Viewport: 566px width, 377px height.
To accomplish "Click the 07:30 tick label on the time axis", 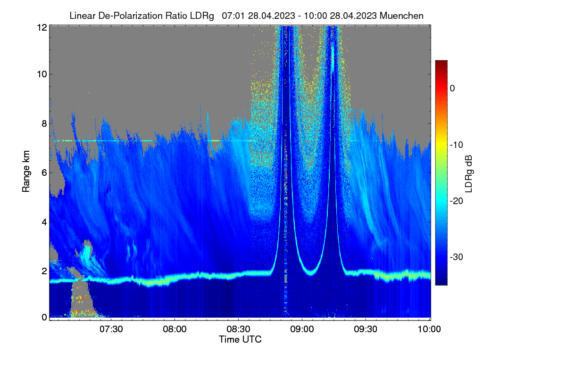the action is pos(111,329).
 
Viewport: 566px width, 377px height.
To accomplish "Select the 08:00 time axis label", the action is pos(175,329).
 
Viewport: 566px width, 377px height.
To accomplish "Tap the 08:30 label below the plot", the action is pos(238,329).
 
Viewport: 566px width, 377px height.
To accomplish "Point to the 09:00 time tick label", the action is pos(302,329).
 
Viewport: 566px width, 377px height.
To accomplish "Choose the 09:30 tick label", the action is pos(366,329).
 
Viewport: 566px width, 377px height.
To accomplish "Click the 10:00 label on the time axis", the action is pos(429,329).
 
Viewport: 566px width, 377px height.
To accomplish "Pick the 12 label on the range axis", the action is pos(42,27).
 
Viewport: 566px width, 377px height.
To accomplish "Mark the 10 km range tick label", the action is pos(42,74).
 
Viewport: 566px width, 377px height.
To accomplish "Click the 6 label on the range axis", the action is pos(44,173).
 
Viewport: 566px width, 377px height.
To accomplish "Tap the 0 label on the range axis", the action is pos(44,317).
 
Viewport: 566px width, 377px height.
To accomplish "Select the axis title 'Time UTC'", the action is pos(240,339).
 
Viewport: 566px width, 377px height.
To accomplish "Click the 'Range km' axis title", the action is pos(26,171).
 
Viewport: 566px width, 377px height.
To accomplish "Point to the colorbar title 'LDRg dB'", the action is pos(469,174).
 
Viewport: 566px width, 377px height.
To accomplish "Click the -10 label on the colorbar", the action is pos(457,145).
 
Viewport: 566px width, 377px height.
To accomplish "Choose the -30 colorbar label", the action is pos(457,257).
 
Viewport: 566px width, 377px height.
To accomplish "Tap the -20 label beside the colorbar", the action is pos(457,201).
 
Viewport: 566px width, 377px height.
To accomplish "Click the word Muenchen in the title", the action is pos(401,16).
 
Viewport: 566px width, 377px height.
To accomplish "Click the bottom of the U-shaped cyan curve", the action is pos(311,273).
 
